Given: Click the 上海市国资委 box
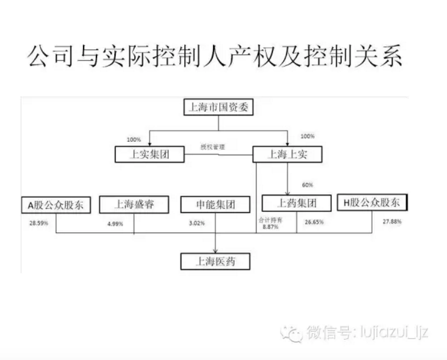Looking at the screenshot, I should [218, 107].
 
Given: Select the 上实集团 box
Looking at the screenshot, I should [149, 154].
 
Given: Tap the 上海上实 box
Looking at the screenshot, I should [287, 154].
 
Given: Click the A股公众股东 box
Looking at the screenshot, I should [56, 205].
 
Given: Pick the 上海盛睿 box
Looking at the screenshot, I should [134, 204].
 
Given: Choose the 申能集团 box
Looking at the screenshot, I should [215, 205].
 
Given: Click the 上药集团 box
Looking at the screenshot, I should [296, 203].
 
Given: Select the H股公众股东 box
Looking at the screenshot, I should [372, 202].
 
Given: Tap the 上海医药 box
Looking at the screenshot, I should [215, 262].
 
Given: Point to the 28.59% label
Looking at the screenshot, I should [39, 223].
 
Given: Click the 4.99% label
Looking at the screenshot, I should [115, 224].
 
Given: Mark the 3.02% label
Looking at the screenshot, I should [197, 223].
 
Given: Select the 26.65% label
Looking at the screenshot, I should [314, 222].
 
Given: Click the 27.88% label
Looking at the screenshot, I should [392, 222].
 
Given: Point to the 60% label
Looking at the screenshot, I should [307, 185].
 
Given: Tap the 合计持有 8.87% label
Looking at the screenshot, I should [270, 223].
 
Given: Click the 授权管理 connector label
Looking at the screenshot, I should [212, 147].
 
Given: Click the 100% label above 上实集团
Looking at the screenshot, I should [134, 140].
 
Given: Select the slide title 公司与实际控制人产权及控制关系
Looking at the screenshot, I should [214, 57].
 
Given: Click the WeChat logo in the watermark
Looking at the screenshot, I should [291, 333].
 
